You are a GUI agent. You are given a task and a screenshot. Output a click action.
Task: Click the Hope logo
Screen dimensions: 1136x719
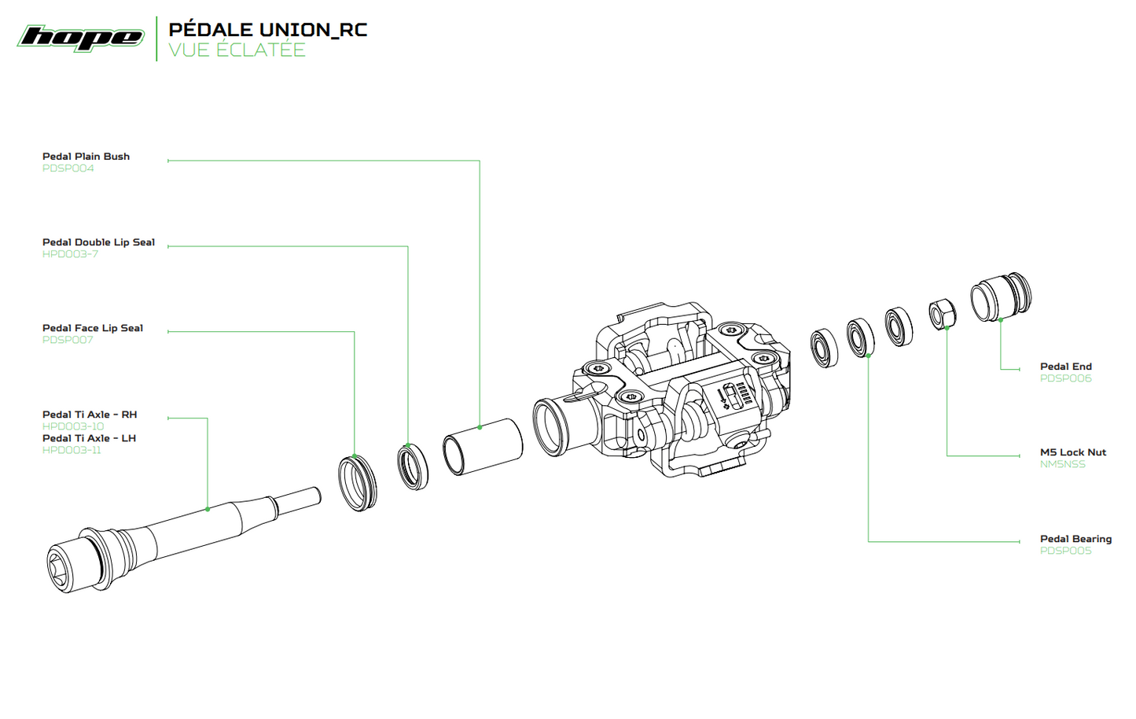click(x=81, y=38)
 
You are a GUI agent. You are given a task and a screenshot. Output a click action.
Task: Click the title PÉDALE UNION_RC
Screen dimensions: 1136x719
click(x=268, y=29)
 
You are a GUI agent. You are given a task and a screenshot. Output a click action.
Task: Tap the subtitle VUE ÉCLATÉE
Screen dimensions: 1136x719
click(x=237, y=50)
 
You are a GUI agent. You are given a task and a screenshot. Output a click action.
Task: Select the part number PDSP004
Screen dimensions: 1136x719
click(x=68, y=168)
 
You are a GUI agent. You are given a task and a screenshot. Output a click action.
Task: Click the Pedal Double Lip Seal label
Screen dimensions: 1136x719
click(x=98, y=242)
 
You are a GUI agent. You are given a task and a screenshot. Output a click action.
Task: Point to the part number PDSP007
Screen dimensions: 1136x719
click(x=68, y=340)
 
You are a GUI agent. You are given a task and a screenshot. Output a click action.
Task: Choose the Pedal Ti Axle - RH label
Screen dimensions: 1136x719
click(x=90, y=415)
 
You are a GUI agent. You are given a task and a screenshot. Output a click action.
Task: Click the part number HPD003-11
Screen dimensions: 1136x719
click(x=72, y=450)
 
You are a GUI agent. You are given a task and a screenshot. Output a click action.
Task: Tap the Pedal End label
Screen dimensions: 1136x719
click(x=1066, y=367)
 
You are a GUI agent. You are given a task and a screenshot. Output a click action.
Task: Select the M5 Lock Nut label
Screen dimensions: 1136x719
click(x=1073, y=452)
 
